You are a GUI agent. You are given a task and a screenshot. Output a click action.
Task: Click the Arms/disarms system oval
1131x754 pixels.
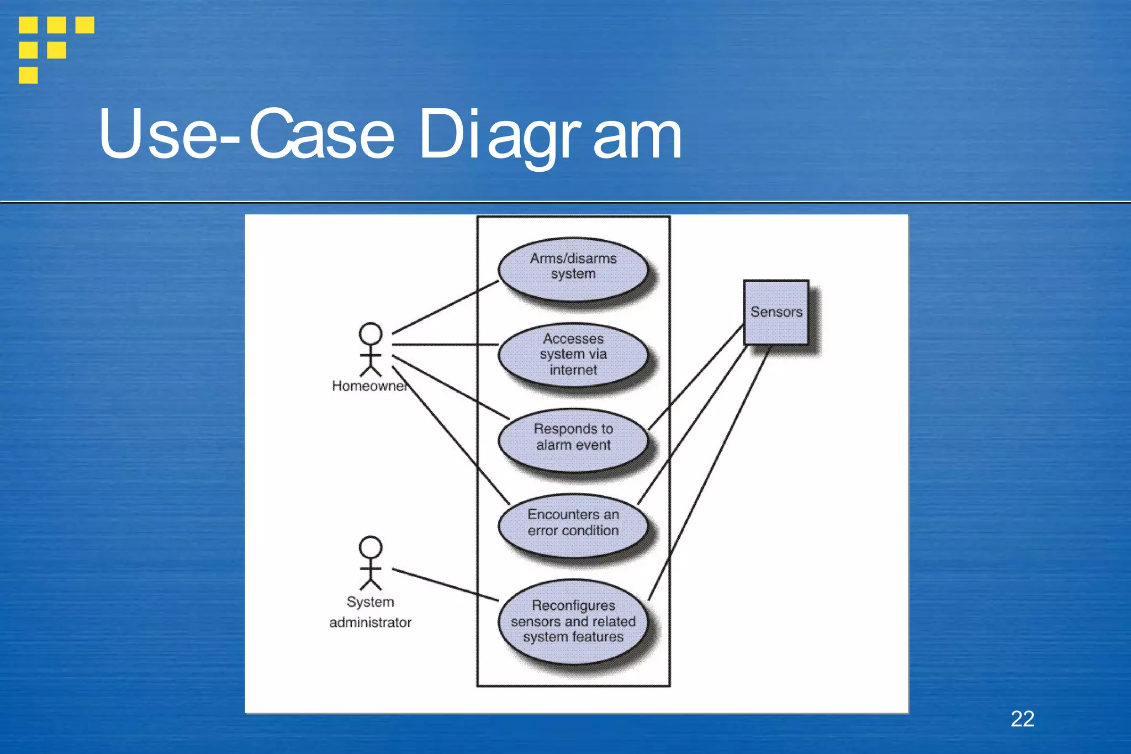(573, 269)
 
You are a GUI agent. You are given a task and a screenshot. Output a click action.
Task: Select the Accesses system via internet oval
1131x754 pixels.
(573, 354)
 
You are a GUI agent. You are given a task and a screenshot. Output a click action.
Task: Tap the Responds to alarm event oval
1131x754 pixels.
(573, 439)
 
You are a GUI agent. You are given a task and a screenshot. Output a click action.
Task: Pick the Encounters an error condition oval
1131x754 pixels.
(573, 525)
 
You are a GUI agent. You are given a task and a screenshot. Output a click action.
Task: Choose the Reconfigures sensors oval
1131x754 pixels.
(573, 621)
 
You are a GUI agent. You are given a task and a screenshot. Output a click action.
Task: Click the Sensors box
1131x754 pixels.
(776, 312)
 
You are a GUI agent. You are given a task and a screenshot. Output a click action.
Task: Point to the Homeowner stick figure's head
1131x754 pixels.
(370, 334)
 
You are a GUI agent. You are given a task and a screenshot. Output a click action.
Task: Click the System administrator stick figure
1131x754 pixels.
(370, 563)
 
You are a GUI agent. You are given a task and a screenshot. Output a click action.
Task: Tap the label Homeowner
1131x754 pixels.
(369, 386)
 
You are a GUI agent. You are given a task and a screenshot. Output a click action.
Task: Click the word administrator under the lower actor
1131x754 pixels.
(370, 623)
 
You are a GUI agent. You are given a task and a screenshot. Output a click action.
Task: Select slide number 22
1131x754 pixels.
(1022, 719)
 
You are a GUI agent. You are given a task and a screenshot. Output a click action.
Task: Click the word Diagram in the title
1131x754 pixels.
(549, 135)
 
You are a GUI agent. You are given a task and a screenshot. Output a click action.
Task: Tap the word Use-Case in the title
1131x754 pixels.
(246, 135)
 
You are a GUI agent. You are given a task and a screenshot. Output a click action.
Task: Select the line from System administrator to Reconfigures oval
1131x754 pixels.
(445, 584)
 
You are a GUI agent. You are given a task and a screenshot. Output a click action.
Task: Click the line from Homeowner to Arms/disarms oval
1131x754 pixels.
(445, 307)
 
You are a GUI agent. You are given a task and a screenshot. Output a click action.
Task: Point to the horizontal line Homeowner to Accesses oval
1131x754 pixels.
(445, 345)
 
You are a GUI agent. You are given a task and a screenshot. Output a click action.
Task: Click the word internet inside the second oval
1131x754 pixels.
(573, 370)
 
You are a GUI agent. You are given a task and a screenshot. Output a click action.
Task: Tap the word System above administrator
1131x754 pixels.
(370, 602)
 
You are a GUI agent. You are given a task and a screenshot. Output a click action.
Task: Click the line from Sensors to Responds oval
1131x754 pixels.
(696, 377)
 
